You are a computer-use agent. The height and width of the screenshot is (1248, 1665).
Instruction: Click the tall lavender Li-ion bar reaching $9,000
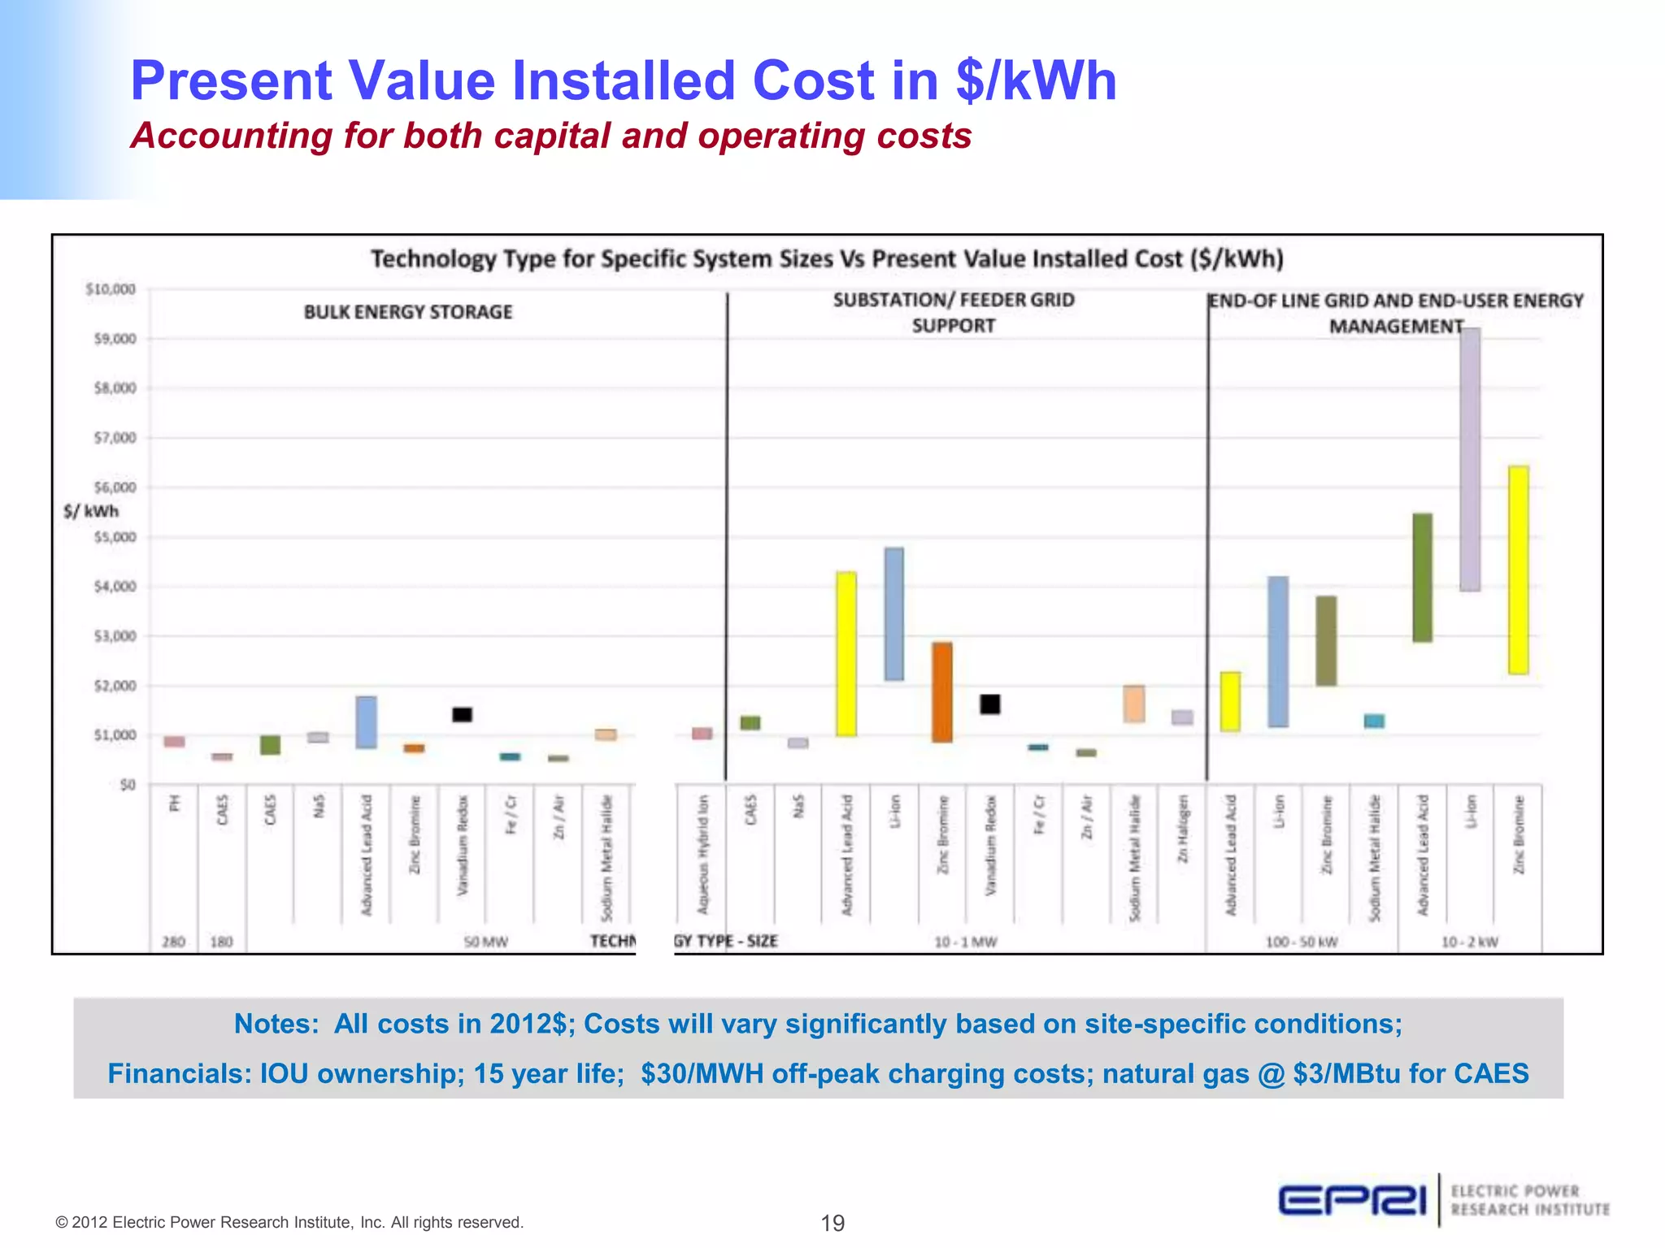coord(1470,459)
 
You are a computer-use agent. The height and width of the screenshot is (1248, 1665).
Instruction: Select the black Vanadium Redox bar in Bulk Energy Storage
coord(462,714)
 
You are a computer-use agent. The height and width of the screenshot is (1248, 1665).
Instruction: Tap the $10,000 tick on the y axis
coord(111,289)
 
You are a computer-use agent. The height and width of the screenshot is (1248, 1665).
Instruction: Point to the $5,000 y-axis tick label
coord(115,537)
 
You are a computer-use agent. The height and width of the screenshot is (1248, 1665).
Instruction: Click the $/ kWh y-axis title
coord(91,511)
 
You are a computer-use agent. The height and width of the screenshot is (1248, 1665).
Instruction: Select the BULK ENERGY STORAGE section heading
coord(408,312)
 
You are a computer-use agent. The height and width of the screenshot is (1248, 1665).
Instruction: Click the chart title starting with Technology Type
coord(827,259)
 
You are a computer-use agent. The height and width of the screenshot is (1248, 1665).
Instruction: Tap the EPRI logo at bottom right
coord(1353,1199)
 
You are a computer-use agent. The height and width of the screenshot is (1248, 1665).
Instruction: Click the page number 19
coord(832,1223)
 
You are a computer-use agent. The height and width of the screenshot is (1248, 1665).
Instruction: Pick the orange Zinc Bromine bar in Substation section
coord(942,691)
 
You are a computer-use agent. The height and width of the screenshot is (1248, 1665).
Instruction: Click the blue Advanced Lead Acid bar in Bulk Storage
coord(366,721)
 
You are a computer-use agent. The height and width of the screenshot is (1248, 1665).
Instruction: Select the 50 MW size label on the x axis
coord(485,942)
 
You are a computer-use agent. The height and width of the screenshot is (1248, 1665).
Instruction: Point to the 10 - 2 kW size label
coord(1469,942)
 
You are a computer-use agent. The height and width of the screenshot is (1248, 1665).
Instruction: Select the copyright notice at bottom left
coord(289,1222)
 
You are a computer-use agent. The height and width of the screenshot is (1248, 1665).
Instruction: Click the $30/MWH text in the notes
coord(702,1073)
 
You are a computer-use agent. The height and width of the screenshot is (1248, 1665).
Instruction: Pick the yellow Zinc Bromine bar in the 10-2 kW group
coord(1518,570)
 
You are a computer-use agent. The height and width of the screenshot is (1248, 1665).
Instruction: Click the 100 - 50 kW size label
coord(1301,942)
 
